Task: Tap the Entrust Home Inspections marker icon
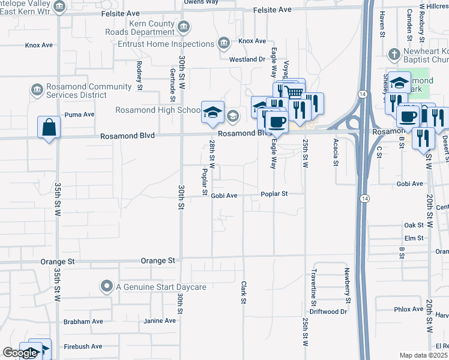[223, 43]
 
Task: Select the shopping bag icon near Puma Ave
[49, 127]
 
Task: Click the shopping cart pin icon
[294, 92]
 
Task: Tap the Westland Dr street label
[247, 59]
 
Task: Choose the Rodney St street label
[139, 76]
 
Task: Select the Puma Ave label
[80, 115]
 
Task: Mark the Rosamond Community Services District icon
[37, 90]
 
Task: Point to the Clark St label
[244, 293]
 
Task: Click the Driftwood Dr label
[328, 312]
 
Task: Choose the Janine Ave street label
[160, 321]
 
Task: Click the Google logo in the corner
[20, 353]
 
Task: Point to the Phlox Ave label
[409, 310]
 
